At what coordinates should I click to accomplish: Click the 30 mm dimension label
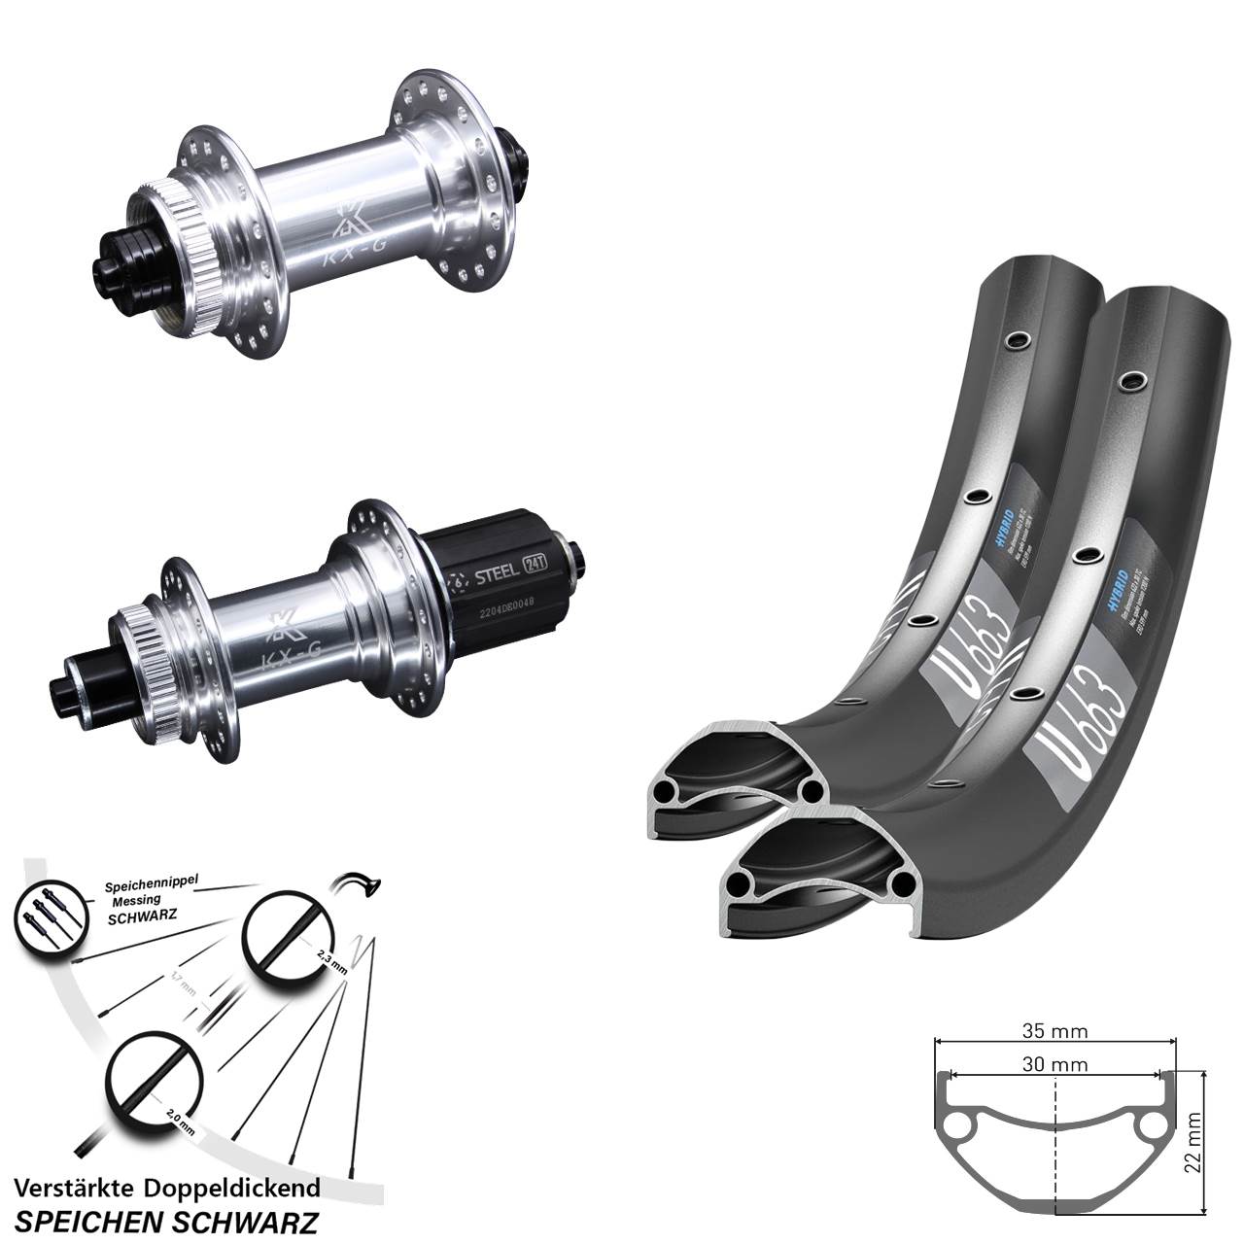(1054, 1064)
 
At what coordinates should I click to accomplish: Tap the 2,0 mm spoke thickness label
(180, 1123)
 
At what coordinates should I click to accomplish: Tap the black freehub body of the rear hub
(496, 583)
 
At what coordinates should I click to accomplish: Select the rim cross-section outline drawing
(1054, 1137)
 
